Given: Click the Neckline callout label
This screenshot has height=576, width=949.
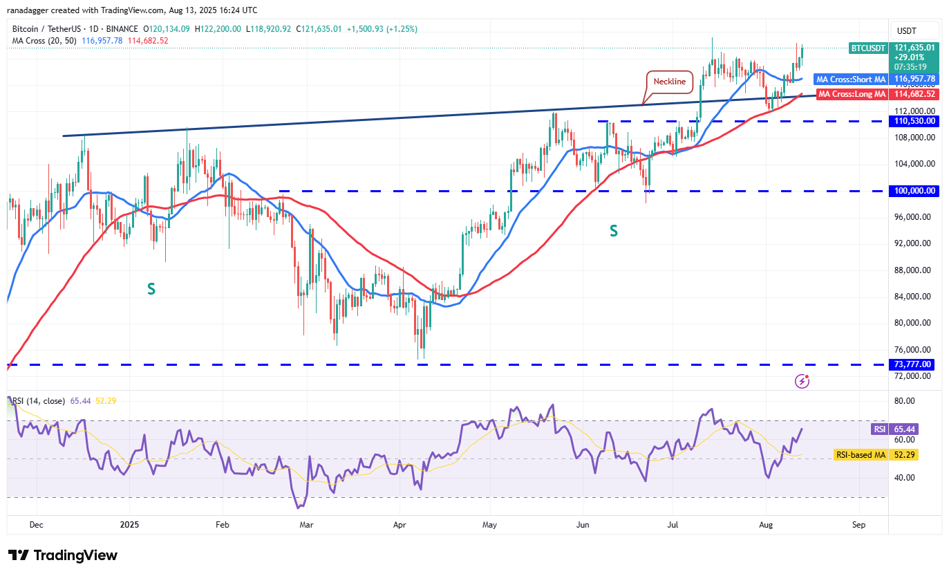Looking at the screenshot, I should click(x=670, y=82).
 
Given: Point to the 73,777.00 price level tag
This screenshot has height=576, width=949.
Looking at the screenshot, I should click(x=912, y=364).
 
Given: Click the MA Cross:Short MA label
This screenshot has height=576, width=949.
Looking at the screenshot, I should click(x=850, y=80).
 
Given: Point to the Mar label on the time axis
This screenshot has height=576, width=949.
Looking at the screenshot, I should click(x=306, y=525).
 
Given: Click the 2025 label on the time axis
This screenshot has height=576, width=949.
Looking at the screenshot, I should click(x=129, y=525).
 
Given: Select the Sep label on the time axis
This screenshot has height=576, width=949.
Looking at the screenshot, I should click(x=858, y=525).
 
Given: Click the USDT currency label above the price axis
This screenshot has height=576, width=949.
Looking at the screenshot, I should click(x=906, y=31).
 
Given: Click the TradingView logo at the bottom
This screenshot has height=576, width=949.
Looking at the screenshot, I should click(x=63, y=555).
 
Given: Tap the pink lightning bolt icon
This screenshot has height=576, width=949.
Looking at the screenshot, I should click(x=802, y=380).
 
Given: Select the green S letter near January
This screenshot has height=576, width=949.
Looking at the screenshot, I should click(x=151, y=289).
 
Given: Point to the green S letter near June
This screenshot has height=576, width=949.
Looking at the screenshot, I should click(x=613, y=232).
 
